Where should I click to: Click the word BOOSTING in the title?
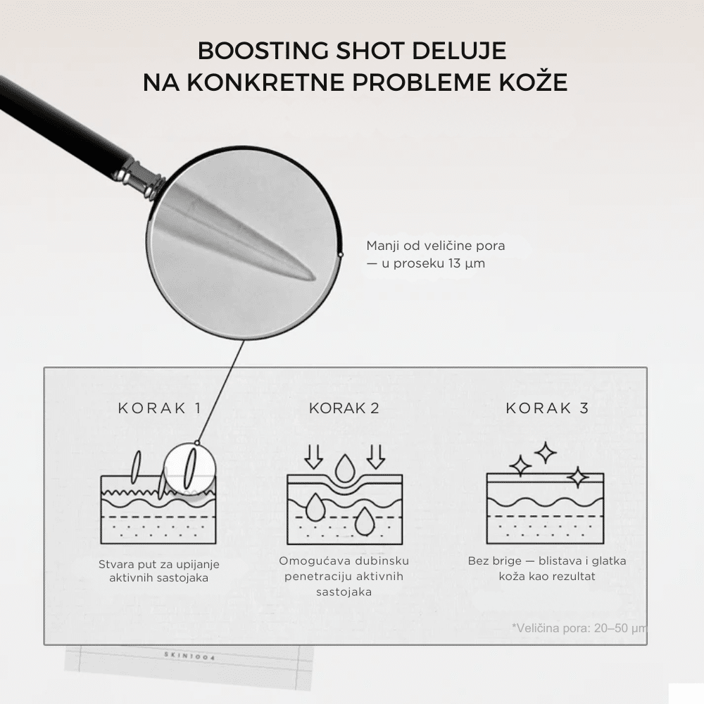pyautogui.click(x=263, y=51)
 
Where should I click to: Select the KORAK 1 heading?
pyautogui.click(x=159, y=408)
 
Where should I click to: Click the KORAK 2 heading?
pyautogui.click(x=344, y=408)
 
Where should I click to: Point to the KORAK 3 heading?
pyautogui.click(x=547, y=408)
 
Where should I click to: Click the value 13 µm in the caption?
pyautogui.click(x=467, y=263)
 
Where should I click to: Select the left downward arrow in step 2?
pyautogui.click(x=313, y=456)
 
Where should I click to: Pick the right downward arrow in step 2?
pyautogui.click(x=375, y=456)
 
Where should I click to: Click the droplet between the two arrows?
pyautogui.click(x=344, y=469)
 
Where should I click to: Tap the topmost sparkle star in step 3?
pyautogui.click(x=546, y=453)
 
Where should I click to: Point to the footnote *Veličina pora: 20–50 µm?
pyautogui.click(x=579, y=628)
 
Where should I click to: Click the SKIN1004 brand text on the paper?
pyautogui.click(x=189, y=656)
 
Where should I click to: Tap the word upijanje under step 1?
pyautogui.click(x=198, y=565)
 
